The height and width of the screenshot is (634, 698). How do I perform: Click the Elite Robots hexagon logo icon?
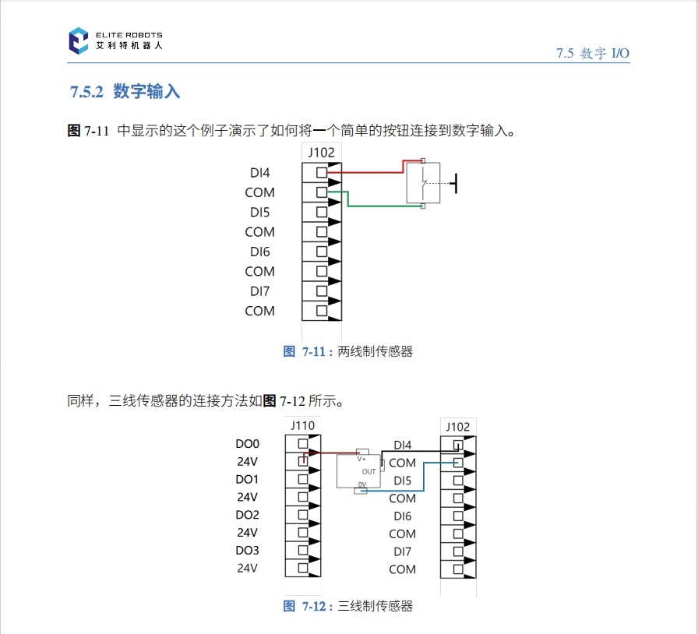pyautogui.click(x=79, y=41)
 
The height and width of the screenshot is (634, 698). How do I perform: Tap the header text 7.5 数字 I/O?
pyautogui.click(x=592, y=53)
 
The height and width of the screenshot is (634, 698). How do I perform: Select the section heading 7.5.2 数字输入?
pyautogui.click(x=125, y=92)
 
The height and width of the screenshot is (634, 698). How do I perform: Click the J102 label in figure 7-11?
pyautogui.click(x=321, y=153)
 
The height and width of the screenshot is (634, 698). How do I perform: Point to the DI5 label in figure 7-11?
pyautogui.click(x=259, y=212)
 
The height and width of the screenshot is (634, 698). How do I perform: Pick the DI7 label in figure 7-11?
pyautogui.click(x=259, y=291)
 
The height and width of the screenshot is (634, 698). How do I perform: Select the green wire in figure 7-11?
pyautogui.click(x=382, y=206)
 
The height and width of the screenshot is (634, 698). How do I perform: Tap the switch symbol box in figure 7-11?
pyautogui.click(x=423, y=184)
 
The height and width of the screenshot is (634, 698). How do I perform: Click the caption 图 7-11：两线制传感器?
pyautogui.click(x=348, y=351)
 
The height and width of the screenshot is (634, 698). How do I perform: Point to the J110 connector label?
pyautogui.click(x=302, y=425)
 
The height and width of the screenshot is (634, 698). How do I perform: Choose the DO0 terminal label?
pyautogui.click(x=247, y=444)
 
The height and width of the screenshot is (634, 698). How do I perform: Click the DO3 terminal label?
pyautogui.click(x=247, y=551)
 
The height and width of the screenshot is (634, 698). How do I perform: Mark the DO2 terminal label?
pyautogui.click(x=247, y=515)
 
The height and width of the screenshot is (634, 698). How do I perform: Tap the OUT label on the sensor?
pyautogui.click(x=369, y=471)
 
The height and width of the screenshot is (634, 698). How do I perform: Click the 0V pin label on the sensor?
pyautogui.click(x=362, y=485)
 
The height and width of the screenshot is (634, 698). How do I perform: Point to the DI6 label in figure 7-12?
pyautogui.click(x=402, y=516)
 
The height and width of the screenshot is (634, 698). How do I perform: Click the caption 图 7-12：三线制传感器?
pyautogui.click(x=348, y=606)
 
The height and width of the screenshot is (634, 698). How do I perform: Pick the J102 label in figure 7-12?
pyautogui.click(x=458, y=426)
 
